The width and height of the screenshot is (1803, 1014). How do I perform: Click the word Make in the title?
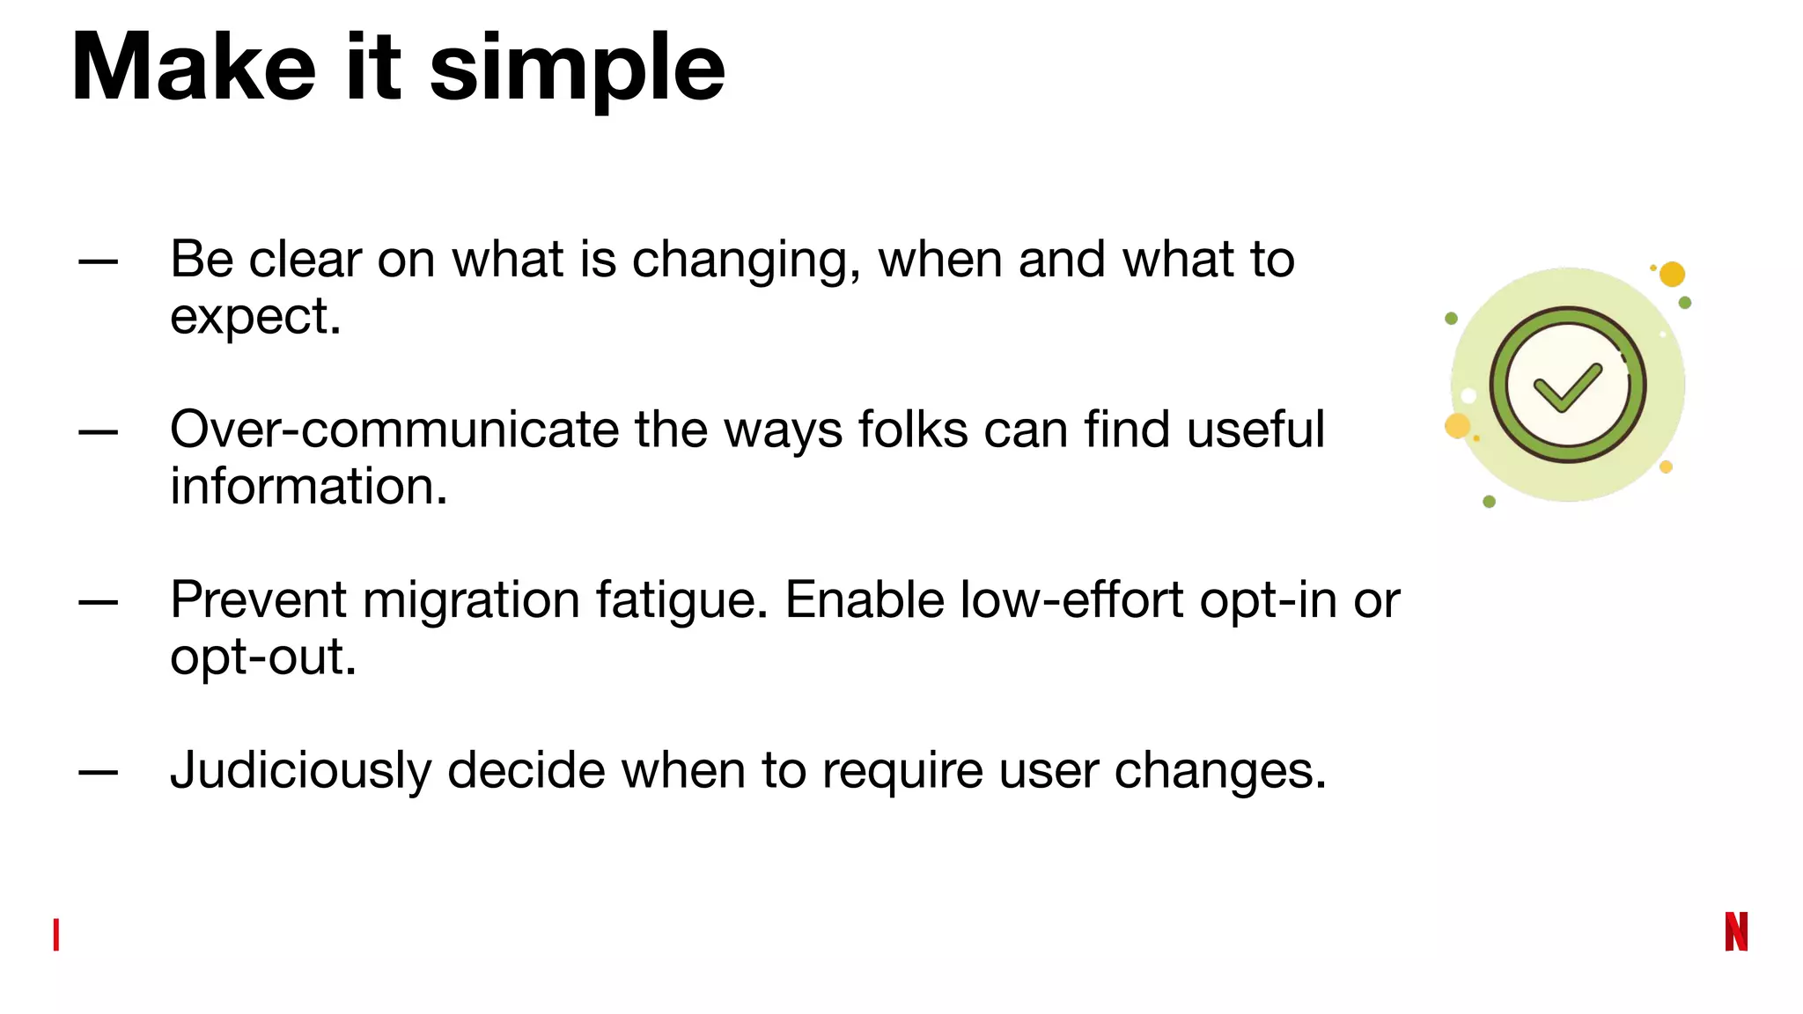tap(193, 68)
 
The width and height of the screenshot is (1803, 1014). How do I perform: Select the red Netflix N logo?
tap(1736, 931)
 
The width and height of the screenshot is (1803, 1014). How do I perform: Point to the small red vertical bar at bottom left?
tap(56, 935)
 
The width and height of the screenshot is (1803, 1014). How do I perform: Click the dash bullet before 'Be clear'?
tap(98, 261)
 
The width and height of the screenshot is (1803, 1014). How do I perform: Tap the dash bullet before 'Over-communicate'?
tap(98, 431)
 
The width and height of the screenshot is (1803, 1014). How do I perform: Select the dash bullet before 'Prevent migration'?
tap(98, 602)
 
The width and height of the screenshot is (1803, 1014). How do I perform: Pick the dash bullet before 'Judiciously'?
tap(98, 772)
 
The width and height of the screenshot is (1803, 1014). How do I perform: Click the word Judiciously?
tap(301, 771)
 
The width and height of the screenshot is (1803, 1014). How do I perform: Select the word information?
tap(308, 487)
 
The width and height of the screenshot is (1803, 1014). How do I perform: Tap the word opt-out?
tap(262, 658)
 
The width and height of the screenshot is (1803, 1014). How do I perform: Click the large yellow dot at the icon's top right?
tap(1672, 275)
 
